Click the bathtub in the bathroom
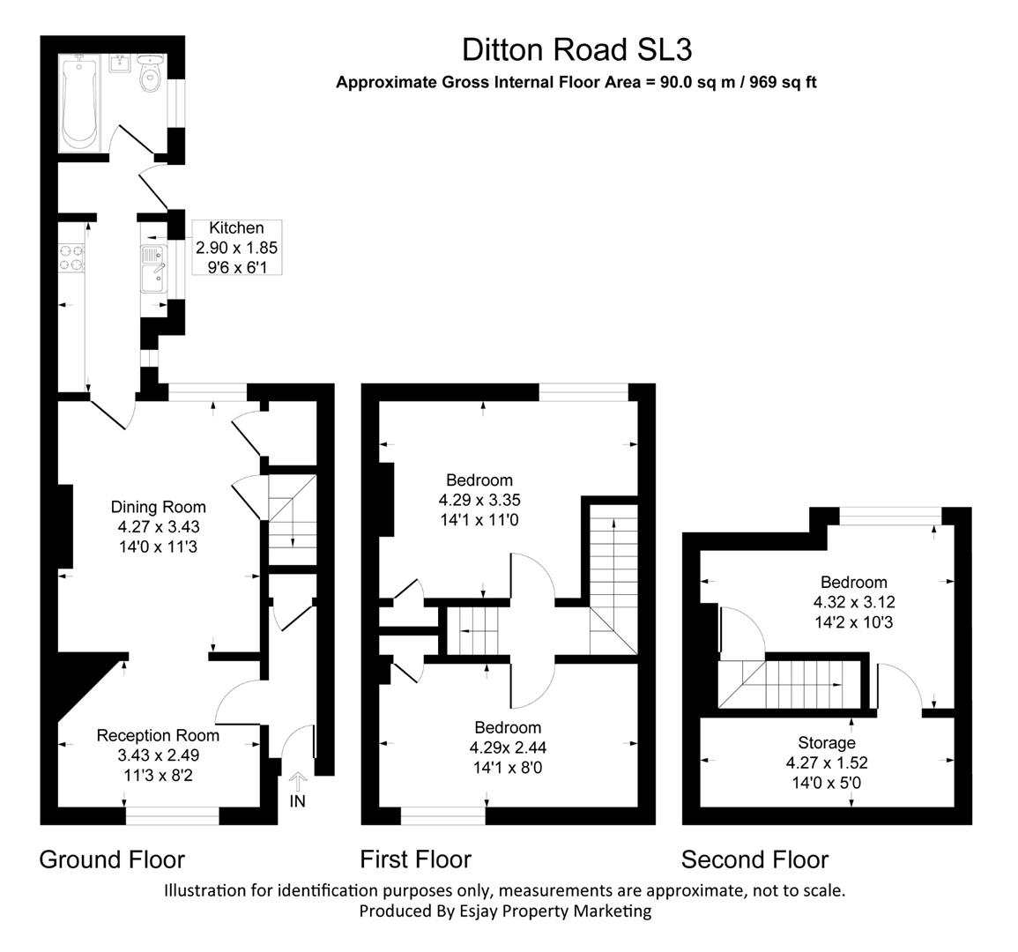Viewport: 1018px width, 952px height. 80,102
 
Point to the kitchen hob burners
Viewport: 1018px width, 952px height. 71,257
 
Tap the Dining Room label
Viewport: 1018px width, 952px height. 158,507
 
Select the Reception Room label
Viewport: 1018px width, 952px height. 158,735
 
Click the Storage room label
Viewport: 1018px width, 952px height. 826,742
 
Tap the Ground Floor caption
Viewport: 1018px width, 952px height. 112,859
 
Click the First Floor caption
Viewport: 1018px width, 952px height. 415,859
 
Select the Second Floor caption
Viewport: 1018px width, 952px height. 754,859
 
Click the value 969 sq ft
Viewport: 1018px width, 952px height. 783,83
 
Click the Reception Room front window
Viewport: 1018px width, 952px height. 172,816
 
